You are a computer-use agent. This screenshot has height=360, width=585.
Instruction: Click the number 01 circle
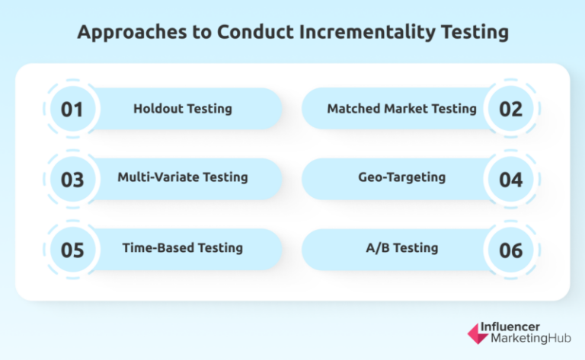pyautogui.click(x=72, y=109)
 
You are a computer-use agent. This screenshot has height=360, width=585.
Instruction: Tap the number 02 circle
pyautogui.click(x=511, y=109)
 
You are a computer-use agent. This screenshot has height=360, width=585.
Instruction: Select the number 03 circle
pyautogui.click(x=72, y=180)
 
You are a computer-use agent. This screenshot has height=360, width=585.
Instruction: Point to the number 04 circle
pyautogui.click(x=511, y=180)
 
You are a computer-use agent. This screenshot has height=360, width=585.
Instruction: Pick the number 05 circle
pyautogui.click(x=72, y=250)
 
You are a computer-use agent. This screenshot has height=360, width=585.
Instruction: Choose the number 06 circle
pyautogui.click(x=511, y=250)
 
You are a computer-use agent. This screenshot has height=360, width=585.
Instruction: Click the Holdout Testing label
pyautogui.click(x=183, y=109)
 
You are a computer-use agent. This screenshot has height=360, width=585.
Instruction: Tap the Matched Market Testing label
pyautogui.click(x=401, y=109)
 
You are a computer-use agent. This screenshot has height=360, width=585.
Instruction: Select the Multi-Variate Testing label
pyautogui.click(x=183, y=177)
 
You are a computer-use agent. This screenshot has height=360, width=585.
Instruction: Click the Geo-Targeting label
pyautogui.click(x=401, y=177)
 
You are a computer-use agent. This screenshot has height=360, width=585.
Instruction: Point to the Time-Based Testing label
pyautogui.click(x=183, y=248)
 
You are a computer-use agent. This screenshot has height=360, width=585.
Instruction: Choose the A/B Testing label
pyautogui.click(x=401, y=248)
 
